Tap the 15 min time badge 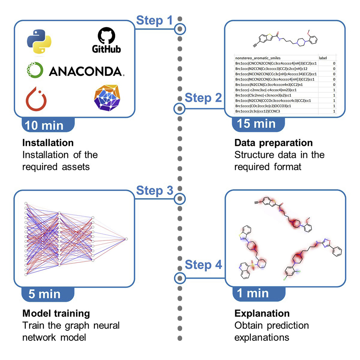(256, 124)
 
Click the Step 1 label (154, 21)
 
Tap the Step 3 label (154, 190)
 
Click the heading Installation (48, 143)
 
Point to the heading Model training (56, 313)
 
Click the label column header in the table (323, 57)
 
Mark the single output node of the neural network (126, 239)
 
